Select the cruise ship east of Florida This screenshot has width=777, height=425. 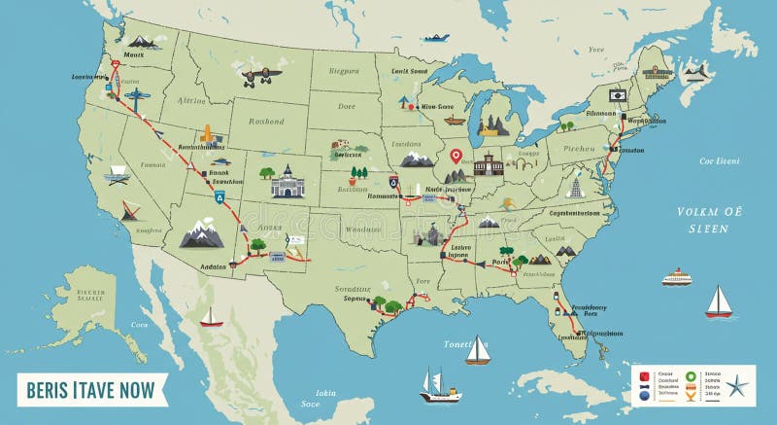677,277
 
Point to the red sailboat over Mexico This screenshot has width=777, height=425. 211,317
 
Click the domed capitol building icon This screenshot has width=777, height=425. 287,181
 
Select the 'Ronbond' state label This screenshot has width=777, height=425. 265,122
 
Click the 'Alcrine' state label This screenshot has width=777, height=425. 192,99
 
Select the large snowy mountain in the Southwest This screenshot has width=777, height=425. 202,233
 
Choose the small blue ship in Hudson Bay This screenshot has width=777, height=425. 436,38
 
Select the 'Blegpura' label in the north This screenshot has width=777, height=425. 343,70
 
